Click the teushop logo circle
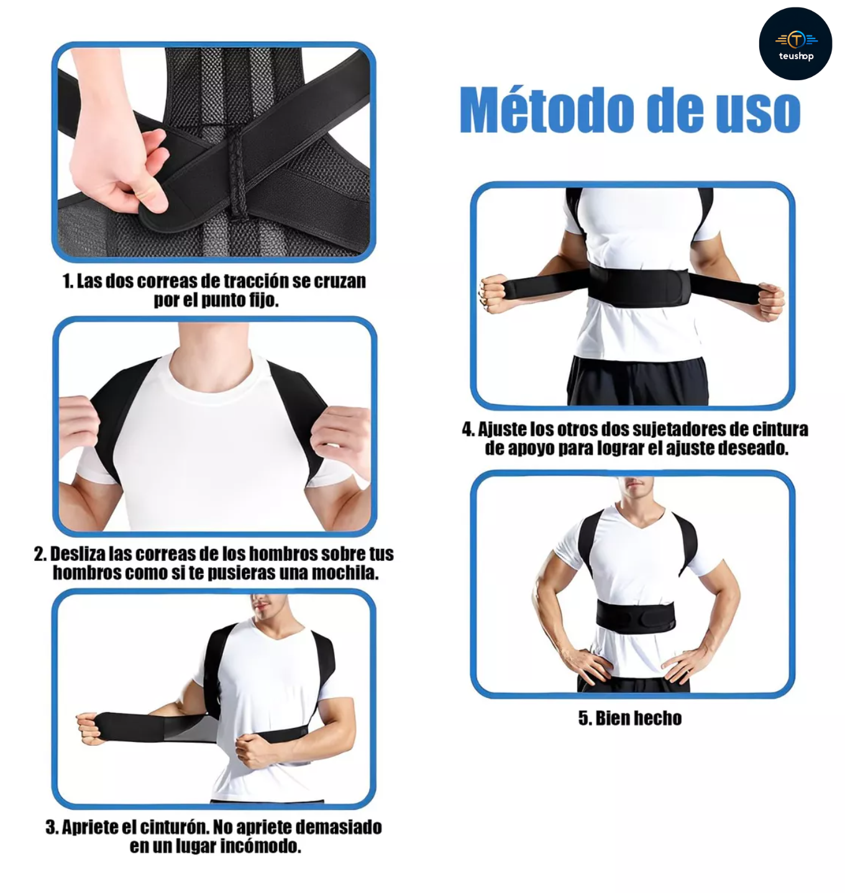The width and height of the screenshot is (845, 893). pyautogui.click(x=795, y=43)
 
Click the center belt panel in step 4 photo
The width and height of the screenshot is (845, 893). pyautogui.click(x=638, y=286)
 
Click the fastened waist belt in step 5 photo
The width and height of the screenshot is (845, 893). pyautogui.click(x=635, y=616)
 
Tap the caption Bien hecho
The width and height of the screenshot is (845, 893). pyautogui.click(x=630, y=718)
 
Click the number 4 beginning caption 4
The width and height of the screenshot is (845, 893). pyautogui.click(x=467, y=430)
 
